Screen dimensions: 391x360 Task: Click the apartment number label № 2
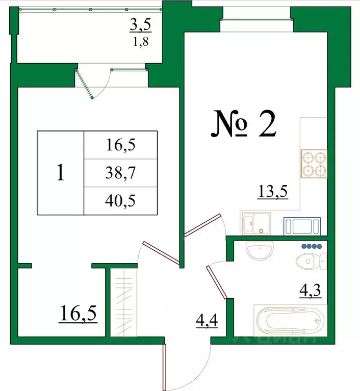point(244,125)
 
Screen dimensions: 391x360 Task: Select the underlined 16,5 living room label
point(78,312)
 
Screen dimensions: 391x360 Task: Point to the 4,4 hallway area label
point(207,322)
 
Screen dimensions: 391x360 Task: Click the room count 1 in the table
point(60,173)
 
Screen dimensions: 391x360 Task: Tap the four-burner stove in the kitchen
point(313,164)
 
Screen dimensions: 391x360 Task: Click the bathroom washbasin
point(260,250)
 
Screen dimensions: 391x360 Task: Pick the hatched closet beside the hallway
point(123,302)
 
